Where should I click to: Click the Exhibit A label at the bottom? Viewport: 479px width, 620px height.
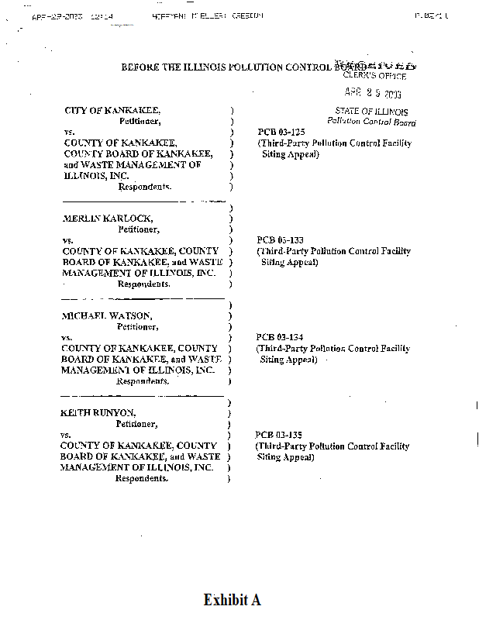click(232, 600)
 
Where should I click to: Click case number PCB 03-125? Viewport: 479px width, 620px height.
click(276, 133)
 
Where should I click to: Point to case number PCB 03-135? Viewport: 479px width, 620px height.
click(274, 435)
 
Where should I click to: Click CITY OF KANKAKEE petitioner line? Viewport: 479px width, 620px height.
click(112, 111)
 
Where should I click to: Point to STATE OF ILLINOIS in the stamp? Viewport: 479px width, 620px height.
click(371, 112)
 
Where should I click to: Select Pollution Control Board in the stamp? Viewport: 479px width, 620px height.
click(371, 122)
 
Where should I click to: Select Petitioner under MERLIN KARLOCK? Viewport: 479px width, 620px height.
click(139, 229)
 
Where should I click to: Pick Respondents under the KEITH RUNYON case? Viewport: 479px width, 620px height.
click(142, 478)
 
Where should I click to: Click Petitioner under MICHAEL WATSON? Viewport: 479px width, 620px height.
click(138, 327)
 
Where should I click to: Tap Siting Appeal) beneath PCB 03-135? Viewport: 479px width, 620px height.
click(286, 457)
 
